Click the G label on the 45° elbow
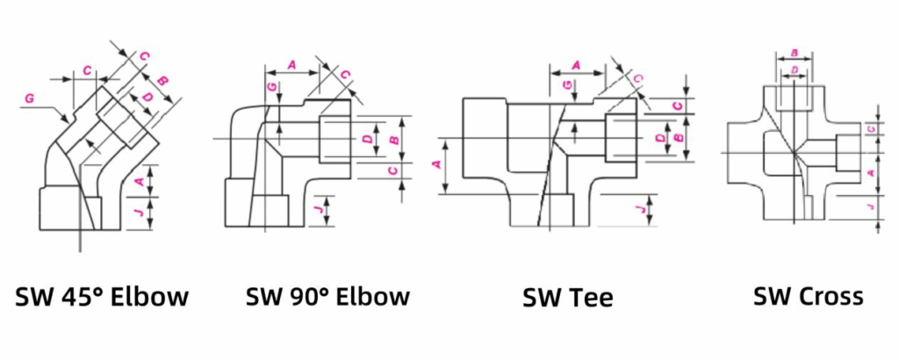29,99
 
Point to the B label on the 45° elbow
163,81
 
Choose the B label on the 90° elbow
393,140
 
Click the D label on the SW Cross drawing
794,68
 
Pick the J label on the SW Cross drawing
869,207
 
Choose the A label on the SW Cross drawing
869,174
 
